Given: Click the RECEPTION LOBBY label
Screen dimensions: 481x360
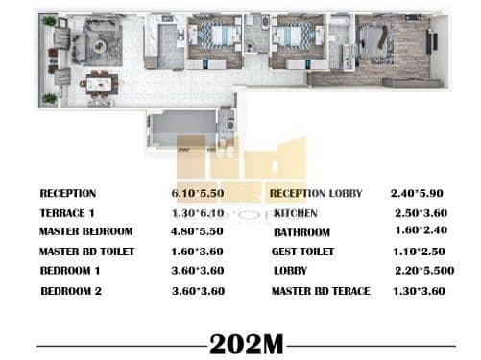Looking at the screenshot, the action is pyautogui.click(x=316, y=193).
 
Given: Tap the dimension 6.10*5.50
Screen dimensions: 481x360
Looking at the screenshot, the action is pyautogui.click(x=198, y=193).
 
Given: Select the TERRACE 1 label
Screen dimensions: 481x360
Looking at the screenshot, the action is pyautogui.click(x=67, y=213).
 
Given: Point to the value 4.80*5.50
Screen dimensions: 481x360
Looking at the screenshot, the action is pyautogui.click(x=197, y=231).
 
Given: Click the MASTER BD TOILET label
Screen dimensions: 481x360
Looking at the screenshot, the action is pyautogui.click(x=86, y=252).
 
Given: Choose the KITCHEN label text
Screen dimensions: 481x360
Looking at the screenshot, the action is pyautogui.click(x=296, y=213).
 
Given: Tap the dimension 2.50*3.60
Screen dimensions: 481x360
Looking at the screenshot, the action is pyautogui.click(x=421, y=213).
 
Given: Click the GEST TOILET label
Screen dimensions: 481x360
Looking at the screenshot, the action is pyautogui.click(x=302, y=252).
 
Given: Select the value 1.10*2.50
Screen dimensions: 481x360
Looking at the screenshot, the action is pyautogui.click(x=419, y=252).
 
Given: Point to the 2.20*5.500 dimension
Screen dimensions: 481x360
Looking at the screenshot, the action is pyautogui.click(x=424, y=271).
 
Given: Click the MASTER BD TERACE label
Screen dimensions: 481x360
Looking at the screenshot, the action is pyautogui.click(x=321, y=291).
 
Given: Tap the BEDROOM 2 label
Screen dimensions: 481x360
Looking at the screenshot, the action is pyautogui.click(x=71, y=291).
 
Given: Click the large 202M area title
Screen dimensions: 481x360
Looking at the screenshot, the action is pyautogui.click(x=247, y=345).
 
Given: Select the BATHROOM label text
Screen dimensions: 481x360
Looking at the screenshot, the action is pyautogui.click(x=301, y=232).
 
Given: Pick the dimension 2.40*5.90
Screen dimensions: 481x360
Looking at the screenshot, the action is pyautogui.click(x=417, y=193).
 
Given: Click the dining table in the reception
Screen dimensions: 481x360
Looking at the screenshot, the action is pyautogui.click(x=99, y=84).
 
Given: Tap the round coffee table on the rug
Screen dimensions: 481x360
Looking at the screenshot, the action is pyautogui.click(x=99, y=46).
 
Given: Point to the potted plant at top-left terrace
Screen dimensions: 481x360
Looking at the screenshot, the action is pyautogui.click(x=49, y=21).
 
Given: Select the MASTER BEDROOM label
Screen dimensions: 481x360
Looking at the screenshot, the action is pyautogui.click(x=85, y=231).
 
